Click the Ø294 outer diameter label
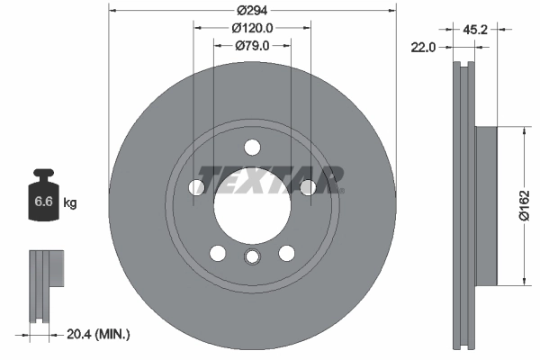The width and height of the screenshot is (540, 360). coord(252,10)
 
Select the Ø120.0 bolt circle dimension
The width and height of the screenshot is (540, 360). coord(252,28)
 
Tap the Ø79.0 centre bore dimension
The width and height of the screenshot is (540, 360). coord(252,46)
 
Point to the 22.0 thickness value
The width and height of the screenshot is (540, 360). coord(421,48)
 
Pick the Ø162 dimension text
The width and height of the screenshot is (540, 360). coord(524,206)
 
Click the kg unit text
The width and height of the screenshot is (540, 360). coord(70,203)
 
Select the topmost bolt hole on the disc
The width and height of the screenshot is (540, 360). coord(252,147)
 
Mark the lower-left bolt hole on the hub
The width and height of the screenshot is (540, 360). coord(218,253)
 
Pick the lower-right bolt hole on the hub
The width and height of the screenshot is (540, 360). coord(286,253)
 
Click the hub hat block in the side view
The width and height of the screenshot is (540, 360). coord(485,206)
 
